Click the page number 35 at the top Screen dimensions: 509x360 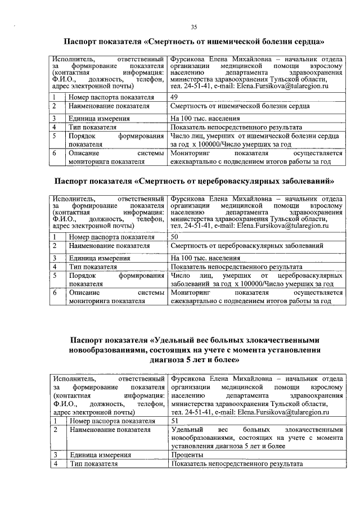[x=193, y=27]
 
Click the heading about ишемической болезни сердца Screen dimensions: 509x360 [x=194, y=42]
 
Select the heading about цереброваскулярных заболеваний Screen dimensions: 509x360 [x=194, y=181]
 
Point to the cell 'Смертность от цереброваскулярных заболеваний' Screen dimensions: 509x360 [x=246, y=246]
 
